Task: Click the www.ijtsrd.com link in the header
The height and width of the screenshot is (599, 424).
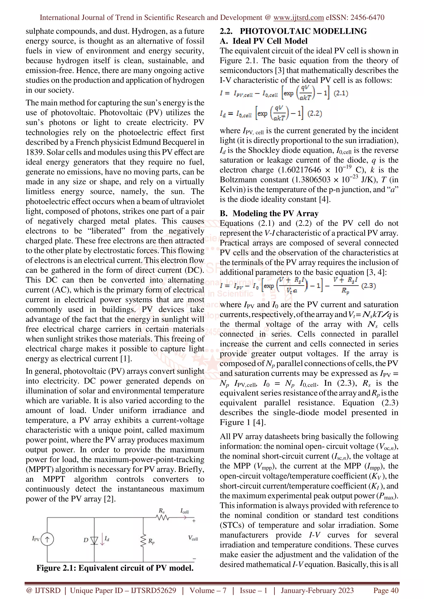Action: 298,18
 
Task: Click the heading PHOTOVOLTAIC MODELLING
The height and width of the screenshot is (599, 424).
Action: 303,31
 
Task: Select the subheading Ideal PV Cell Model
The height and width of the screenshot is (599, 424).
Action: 270,41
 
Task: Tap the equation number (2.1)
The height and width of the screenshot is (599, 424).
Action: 341,93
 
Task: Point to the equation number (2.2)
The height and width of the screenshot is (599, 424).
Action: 314,113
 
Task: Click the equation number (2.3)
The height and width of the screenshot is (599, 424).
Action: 368,286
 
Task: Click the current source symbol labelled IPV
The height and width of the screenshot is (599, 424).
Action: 47,539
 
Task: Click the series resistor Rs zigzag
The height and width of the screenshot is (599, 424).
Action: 163,518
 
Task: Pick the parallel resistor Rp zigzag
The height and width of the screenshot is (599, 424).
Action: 143,541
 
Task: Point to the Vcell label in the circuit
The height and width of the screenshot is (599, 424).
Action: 193,538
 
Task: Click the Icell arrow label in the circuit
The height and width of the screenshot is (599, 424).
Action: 184,511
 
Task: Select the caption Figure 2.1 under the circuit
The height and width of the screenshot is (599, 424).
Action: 115,568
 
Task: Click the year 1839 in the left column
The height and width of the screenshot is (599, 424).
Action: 35,152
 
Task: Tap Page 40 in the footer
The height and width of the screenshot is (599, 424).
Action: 386,590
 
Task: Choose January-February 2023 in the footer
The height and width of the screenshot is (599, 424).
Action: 317,590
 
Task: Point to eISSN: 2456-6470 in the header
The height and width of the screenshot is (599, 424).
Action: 355,18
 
